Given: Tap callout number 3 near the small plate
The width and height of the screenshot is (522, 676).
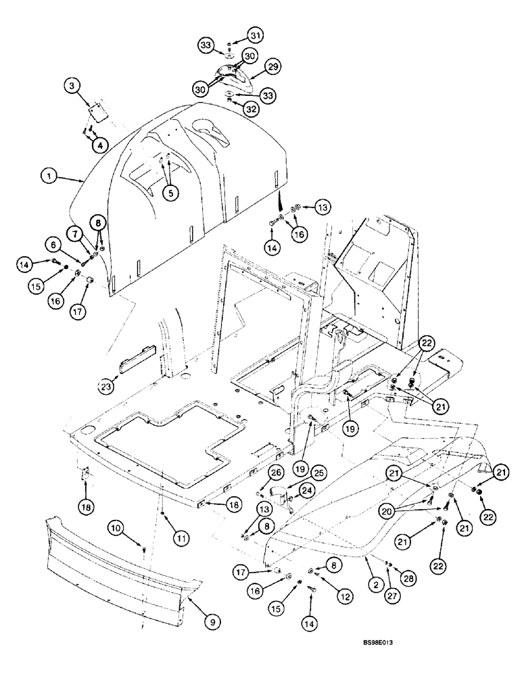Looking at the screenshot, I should (x=72, y=85).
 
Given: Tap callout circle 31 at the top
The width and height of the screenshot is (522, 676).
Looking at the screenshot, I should (x=235, y=34).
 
